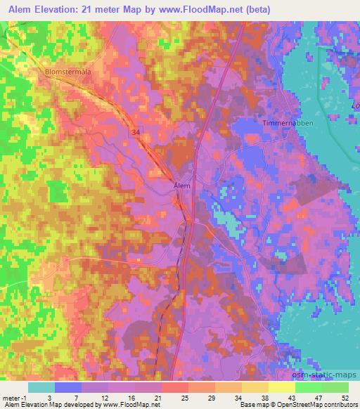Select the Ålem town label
[x=182, y=186]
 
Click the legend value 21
[x=162, y=398]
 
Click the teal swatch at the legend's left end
[x=41, y=387]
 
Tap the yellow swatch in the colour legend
[x=281, y=387]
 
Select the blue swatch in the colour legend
[x=68, y=387]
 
